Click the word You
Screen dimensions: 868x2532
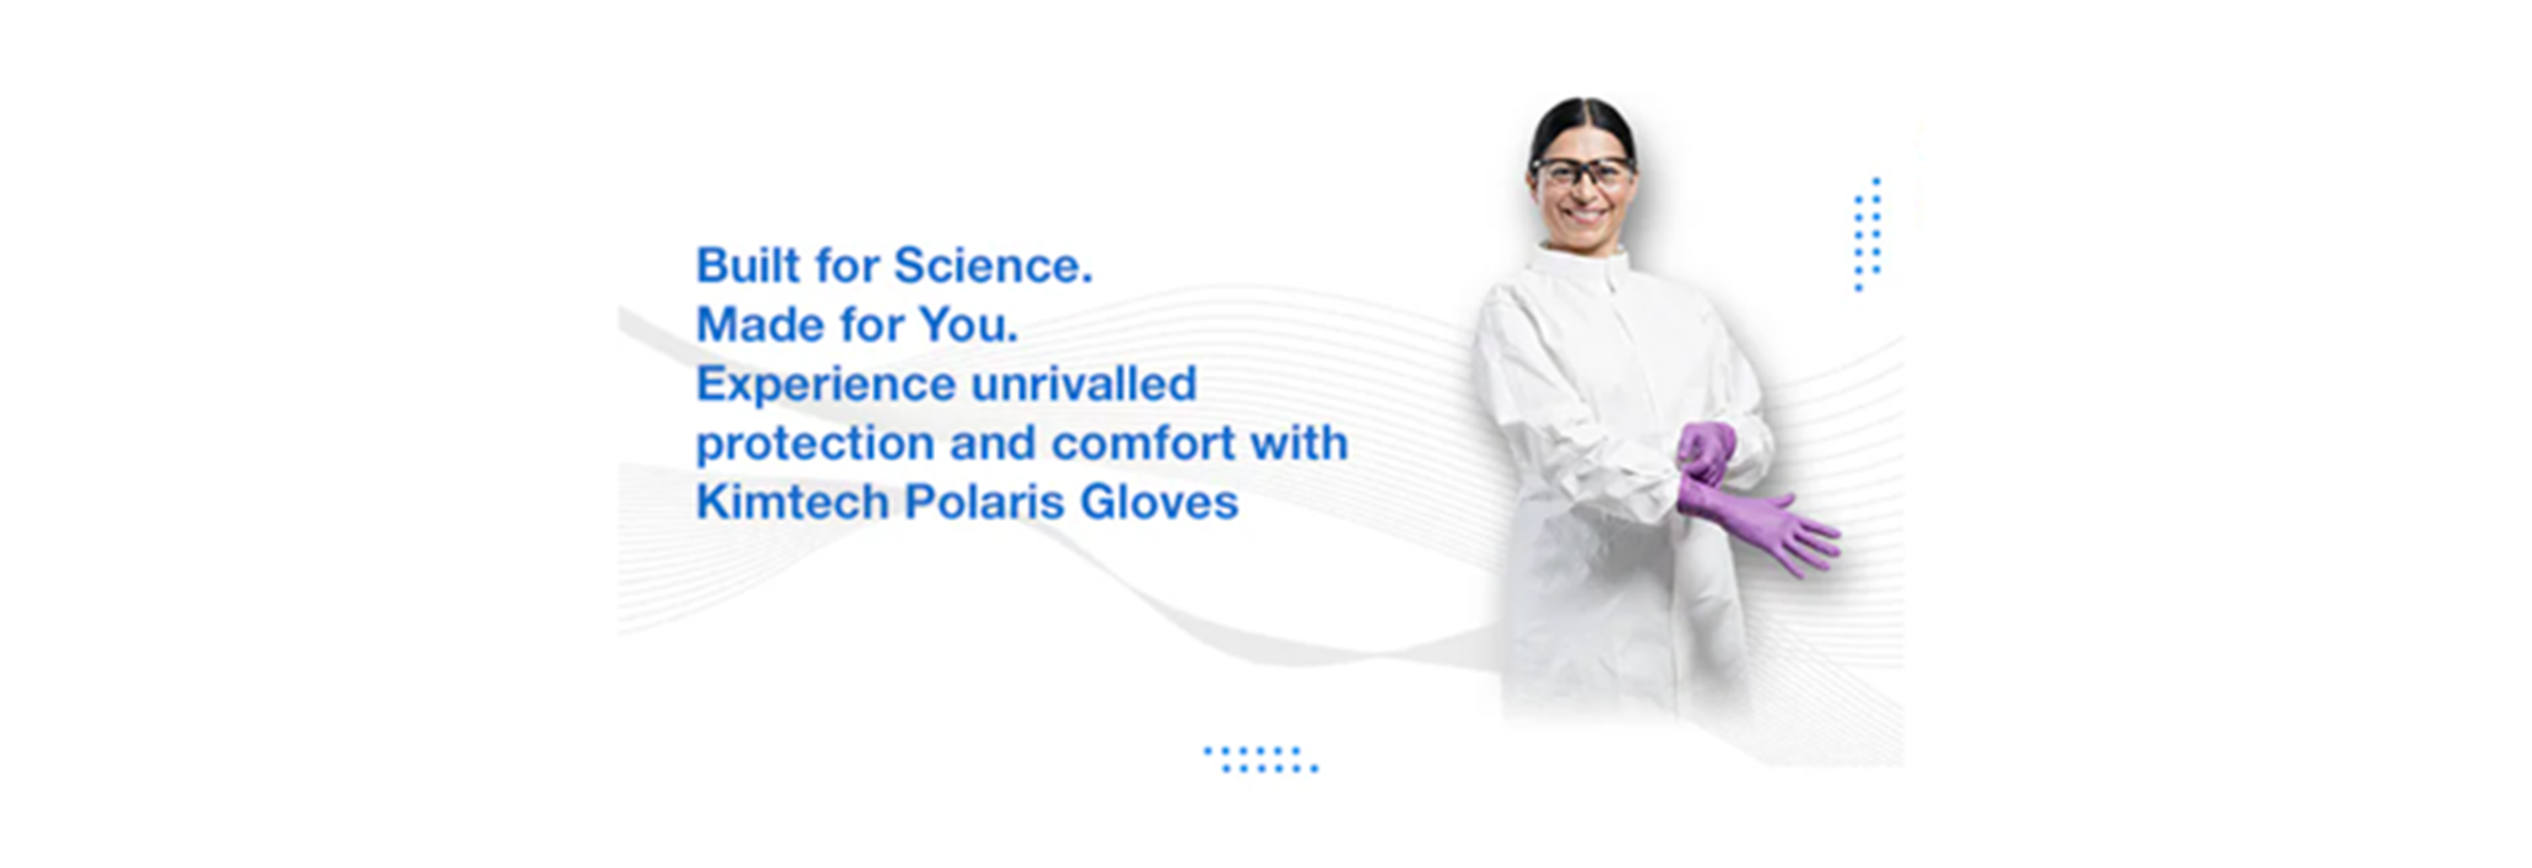point(967,325)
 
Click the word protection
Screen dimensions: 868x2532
point(814,444)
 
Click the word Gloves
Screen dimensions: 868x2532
point(1159,502)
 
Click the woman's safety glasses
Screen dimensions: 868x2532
point(1582,173)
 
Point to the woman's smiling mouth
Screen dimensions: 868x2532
point(1583,214)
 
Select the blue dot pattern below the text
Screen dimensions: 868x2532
point(1262,759)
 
